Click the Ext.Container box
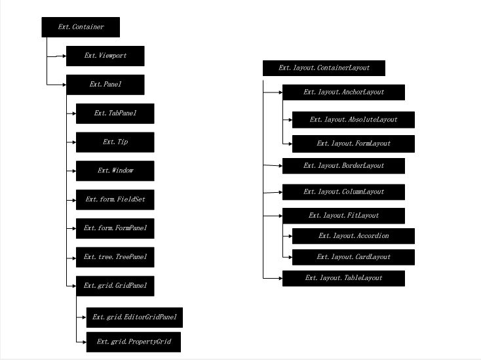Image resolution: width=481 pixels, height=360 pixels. tap(81, 27)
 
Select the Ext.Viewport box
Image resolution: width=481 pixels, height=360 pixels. tap(106, 56)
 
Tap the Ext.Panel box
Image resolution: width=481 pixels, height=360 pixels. tap(106, 85)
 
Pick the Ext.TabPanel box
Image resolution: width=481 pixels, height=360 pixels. tap(115, 113)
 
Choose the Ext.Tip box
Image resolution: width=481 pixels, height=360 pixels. tap(115, 142)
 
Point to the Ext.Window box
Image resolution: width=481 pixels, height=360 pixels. tap(115, 171)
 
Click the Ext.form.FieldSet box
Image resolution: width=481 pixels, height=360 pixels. tap(115, 200)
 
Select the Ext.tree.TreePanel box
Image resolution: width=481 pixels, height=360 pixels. tap(115, 257)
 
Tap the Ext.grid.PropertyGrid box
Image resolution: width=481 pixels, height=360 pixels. tap(134, 342)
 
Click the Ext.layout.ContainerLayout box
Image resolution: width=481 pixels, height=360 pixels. tap(324, 68)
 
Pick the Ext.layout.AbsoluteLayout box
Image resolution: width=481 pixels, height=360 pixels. tap(353, 120)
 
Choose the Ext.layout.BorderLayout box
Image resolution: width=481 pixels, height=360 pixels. tap(343, 166)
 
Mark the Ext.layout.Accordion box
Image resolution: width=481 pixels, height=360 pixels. tap(353, 236)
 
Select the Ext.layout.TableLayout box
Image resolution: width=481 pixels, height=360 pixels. tap(343, 279)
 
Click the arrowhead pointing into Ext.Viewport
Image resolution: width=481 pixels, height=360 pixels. tap(64, 56)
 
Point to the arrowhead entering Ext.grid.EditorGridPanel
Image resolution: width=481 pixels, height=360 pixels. tap(85, 317)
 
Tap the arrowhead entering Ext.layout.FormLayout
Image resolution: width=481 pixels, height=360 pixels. tap(290, 144)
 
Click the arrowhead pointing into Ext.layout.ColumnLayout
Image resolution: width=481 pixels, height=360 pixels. tap(280, 192)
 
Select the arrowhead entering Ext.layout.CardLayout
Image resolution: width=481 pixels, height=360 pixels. tap(290, 257)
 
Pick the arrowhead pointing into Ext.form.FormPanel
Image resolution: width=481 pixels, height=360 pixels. tap(74, 228)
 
